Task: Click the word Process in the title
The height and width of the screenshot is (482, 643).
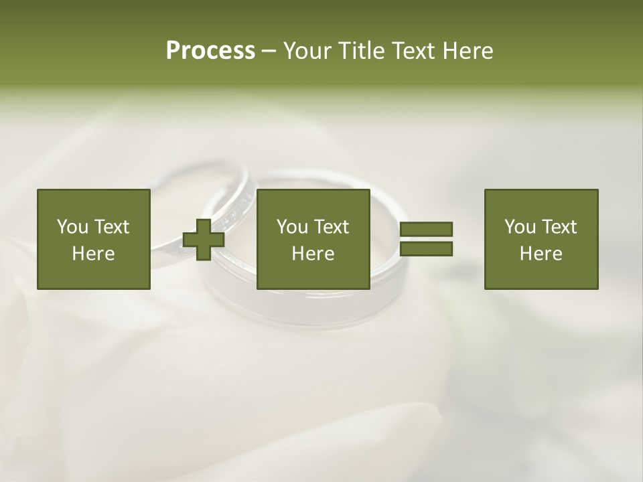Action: [x=210, y=51]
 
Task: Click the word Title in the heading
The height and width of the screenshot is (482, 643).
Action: [x=362, y=51]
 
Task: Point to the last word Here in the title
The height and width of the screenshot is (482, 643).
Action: [x=468, y=51]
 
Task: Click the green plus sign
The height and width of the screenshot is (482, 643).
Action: [x=204, y=240]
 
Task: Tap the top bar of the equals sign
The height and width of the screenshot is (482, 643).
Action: [x=426, y=229]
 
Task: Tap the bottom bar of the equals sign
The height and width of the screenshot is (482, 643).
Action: [x=426, y=249]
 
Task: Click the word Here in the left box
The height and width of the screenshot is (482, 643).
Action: [x=93, y=254]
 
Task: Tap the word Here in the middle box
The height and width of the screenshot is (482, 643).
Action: [x=313, y=254]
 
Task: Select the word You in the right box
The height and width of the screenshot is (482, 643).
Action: [x=520, y=227]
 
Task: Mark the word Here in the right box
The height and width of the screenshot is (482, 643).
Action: [x=541, y=254]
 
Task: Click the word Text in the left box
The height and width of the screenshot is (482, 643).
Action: [x=112, y=227]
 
